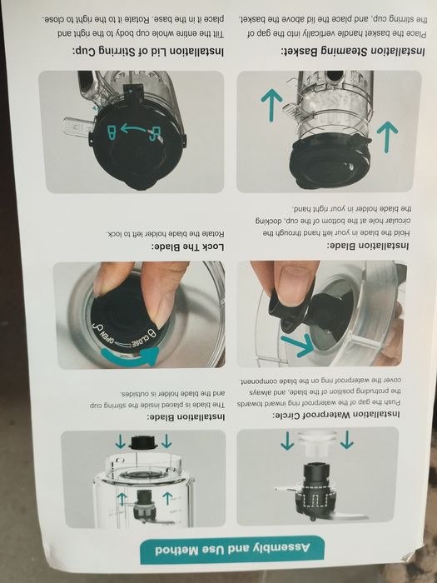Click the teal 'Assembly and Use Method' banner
pos(232,550)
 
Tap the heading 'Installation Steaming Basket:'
pos(353,52)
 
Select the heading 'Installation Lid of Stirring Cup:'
pos(148,51)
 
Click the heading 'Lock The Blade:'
pos(187,247)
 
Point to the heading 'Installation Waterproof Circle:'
pos(336,414)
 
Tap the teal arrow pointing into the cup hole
pos(298,345)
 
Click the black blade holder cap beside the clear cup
pos(143,442)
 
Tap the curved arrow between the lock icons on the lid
pos(135,129)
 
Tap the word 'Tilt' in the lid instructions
pos(218,34)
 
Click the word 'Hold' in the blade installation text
pos(401,233)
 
